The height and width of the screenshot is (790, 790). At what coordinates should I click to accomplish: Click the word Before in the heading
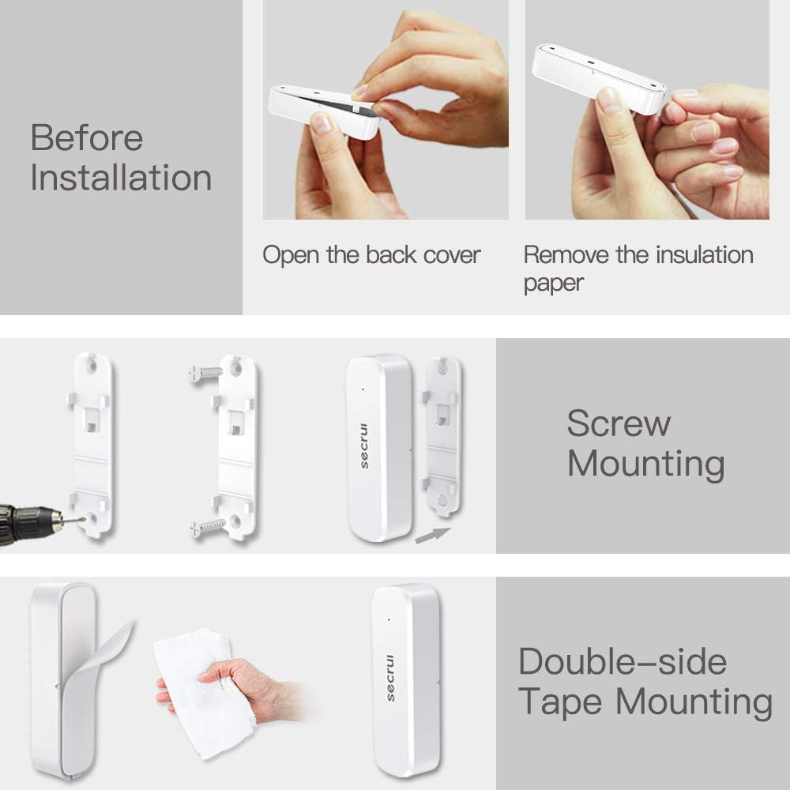87,138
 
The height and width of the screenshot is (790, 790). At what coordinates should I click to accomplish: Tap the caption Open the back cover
371,255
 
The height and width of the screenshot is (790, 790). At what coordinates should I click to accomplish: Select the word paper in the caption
553,283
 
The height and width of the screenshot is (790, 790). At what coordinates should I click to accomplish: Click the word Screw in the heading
619,424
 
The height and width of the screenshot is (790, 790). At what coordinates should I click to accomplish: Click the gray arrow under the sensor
432,536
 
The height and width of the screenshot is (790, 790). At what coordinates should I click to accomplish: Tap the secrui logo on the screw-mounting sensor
365,450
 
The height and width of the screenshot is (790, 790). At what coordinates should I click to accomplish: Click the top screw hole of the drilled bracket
93,366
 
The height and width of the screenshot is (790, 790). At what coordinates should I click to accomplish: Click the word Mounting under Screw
645,463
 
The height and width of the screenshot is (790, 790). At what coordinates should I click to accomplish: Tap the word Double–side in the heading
622,662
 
